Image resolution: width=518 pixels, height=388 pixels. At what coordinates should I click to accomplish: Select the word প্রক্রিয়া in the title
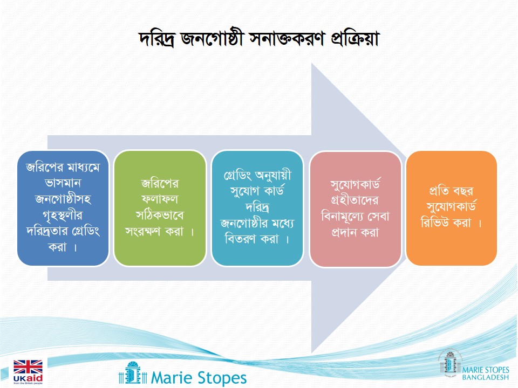(355, 39)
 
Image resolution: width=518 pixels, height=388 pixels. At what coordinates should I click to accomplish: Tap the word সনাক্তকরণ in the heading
(288, 39)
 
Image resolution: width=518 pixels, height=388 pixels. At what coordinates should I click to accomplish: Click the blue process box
(63, 208)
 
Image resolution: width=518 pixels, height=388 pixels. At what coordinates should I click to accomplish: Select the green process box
(160, 208)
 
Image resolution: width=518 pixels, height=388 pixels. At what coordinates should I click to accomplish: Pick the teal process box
(257, 208)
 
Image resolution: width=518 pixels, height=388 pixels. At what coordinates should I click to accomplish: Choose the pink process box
(355, 209)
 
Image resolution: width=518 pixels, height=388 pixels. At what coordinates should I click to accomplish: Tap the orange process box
(451, 208)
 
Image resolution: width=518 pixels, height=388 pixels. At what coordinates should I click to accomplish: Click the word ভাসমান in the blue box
(63, 183)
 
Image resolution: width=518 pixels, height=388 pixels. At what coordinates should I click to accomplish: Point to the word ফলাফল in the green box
(160, 199)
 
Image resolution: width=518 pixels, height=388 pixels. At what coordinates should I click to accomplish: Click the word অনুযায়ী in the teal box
(274, 175)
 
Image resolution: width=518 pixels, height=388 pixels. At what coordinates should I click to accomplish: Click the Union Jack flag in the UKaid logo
(28, 367)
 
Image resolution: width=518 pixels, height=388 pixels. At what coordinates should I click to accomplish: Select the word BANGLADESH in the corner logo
(486, 377)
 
